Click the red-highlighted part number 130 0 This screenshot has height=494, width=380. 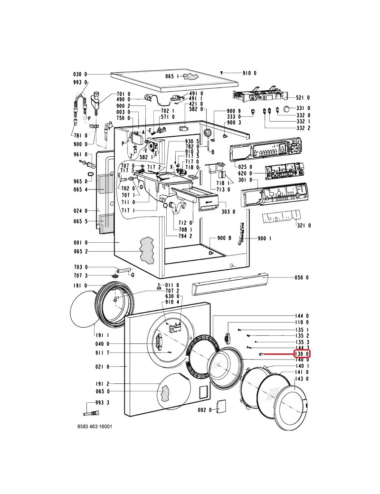click(302, 354)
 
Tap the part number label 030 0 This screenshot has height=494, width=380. click(80, 75)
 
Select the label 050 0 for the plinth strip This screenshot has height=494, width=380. click(302, 277)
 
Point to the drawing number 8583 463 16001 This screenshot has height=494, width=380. click(95, 427)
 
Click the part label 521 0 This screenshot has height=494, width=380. click(303, 98)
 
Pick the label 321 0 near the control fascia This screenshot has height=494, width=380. click(304, 225)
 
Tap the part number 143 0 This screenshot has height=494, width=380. click(302, 379)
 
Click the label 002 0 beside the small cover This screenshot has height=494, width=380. click(205, 410)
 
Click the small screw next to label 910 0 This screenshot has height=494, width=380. click(222, 73)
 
